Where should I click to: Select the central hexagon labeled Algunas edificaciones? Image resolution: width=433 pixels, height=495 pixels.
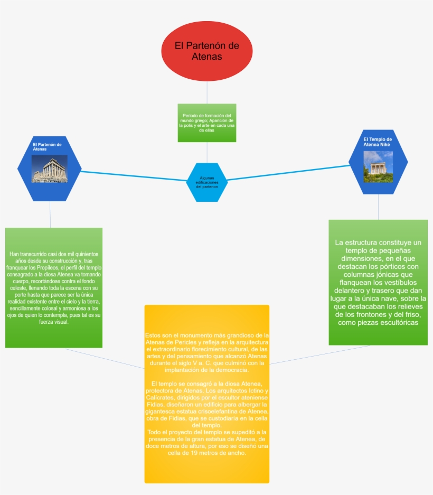coord(206,182)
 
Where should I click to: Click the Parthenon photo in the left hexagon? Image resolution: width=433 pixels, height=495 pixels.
coord(50,169)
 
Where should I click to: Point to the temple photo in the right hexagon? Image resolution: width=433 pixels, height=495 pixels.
coord(378,166)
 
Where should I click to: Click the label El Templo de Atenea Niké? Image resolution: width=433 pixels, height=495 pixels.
coord(377,141)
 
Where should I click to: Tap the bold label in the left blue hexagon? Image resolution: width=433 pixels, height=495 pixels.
coord(47,146)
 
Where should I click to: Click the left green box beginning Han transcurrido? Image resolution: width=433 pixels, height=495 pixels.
coord(53,287)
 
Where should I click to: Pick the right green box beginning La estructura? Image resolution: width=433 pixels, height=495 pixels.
coord(378,282)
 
